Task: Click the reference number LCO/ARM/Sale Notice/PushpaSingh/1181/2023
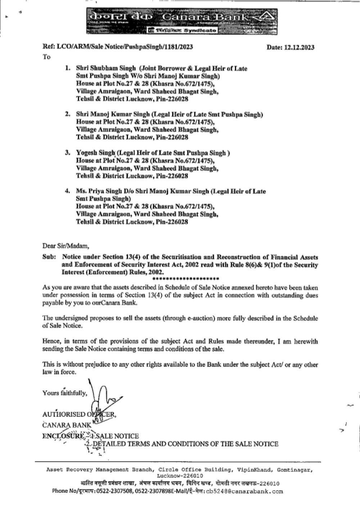coord(117,47)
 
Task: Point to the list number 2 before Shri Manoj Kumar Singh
coord(67,114)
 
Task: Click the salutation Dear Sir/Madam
coord(65,246)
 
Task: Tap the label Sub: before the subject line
coord(49,257)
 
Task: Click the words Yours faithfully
coord(64,393)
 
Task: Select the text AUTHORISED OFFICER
coord(79,414)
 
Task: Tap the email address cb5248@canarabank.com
coord(244,491)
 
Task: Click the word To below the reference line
coord(46,57)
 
